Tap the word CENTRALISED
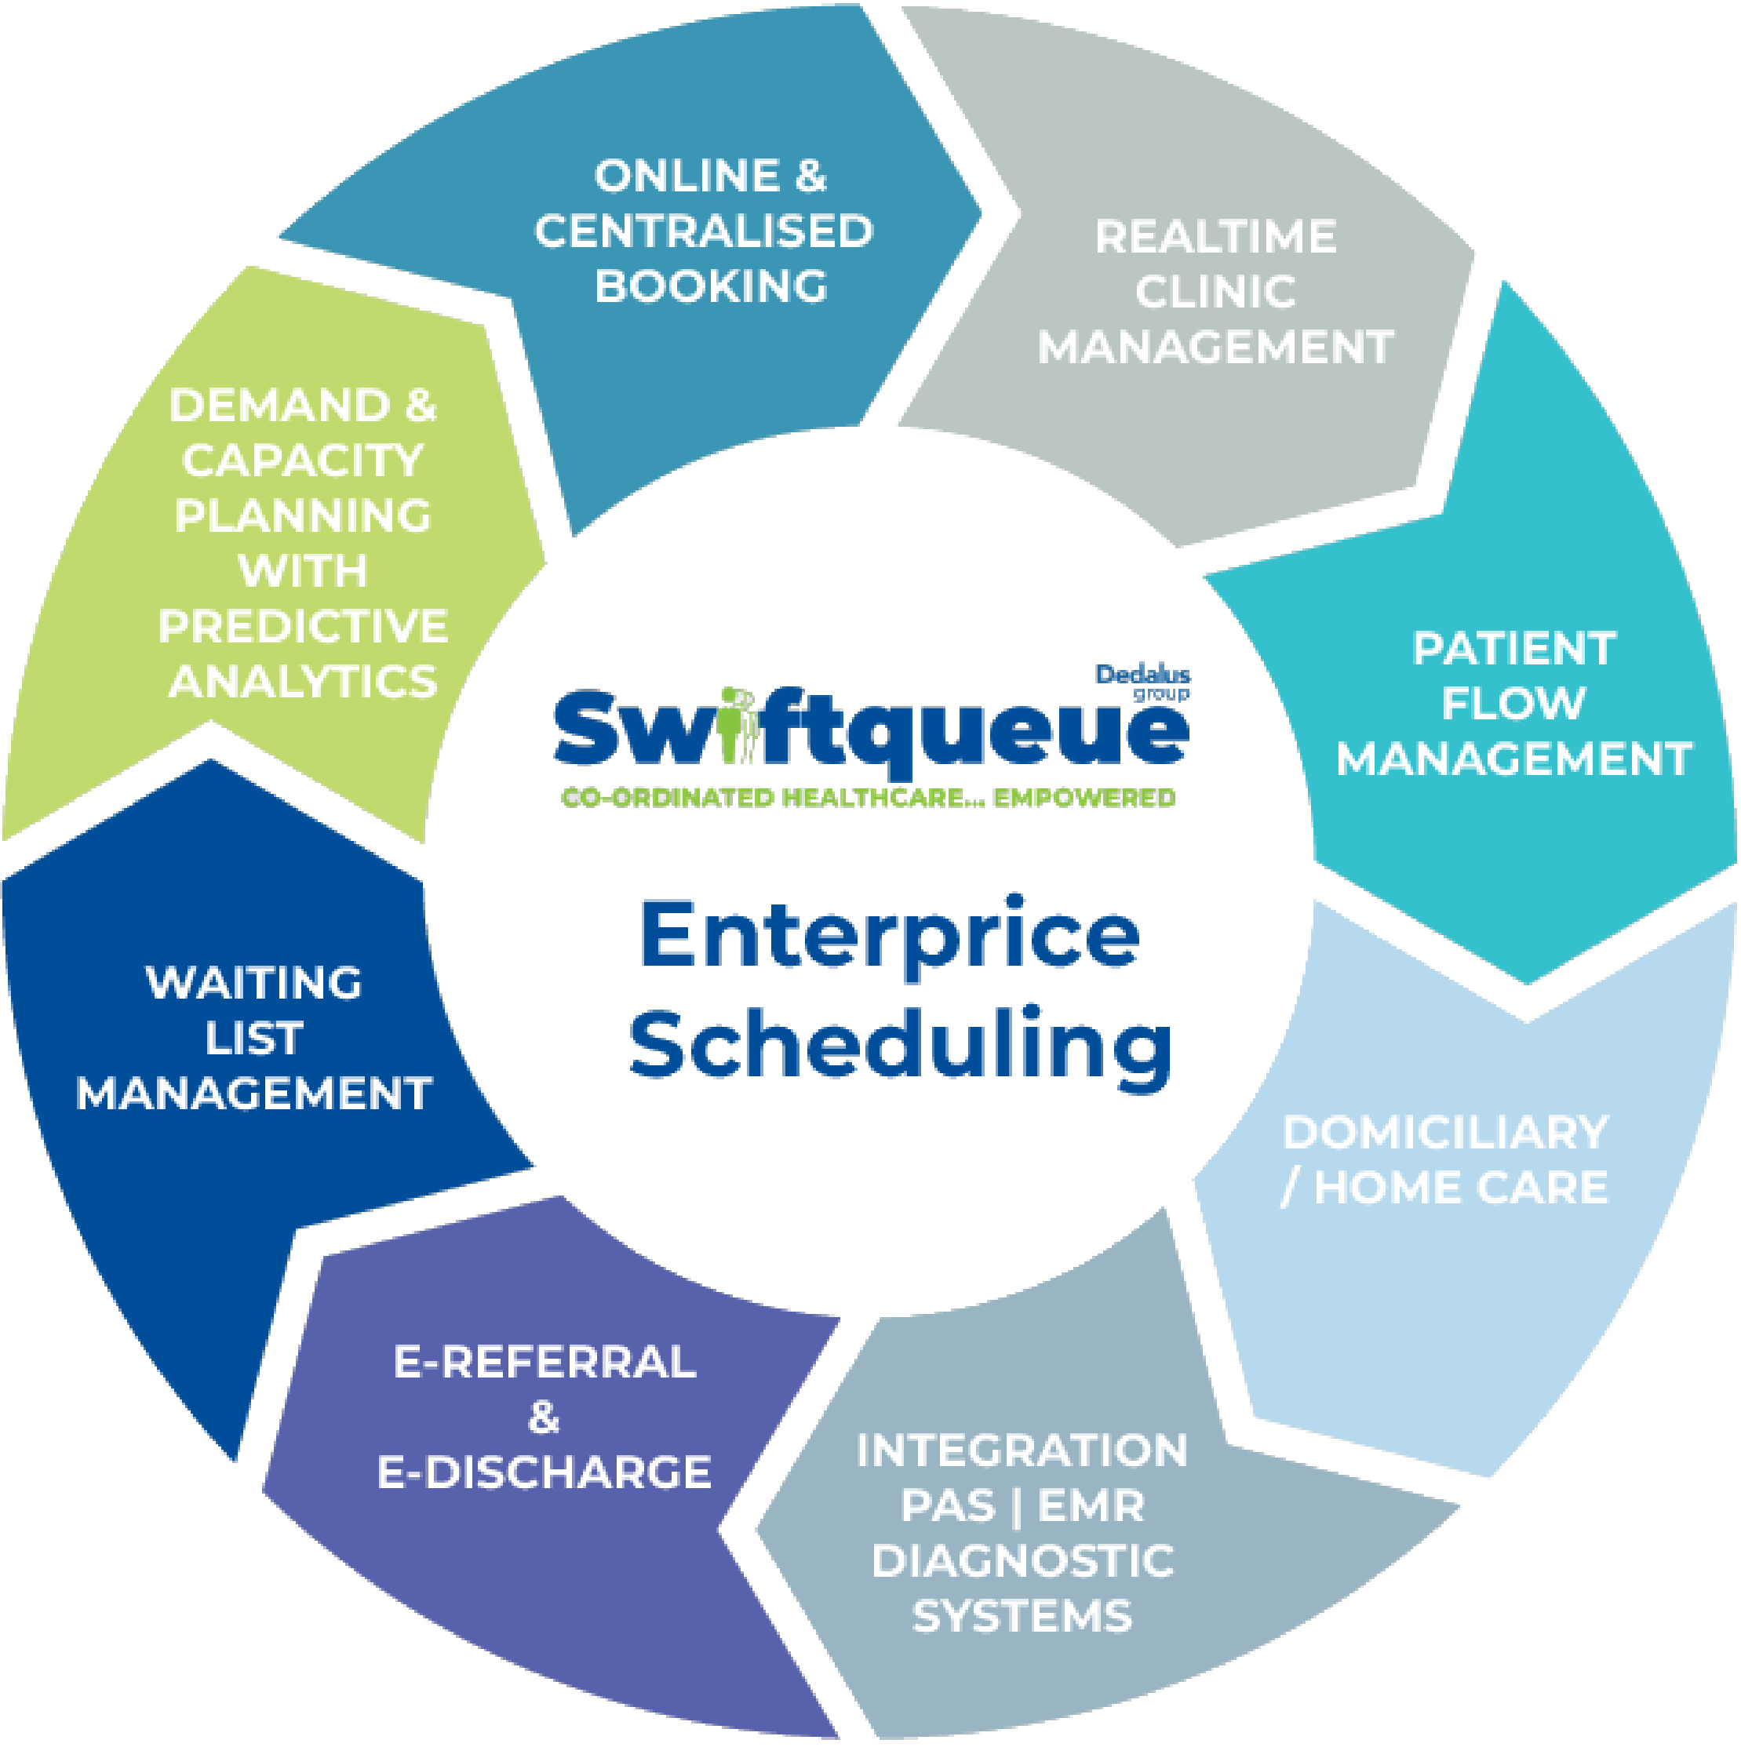[x=704, y=231]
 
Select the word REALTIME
[x=1215, y=237]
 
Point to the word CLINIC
[x=1215, y=292]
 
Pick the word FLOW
[x=1513, y=704]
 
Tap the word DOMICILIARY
[x=1444, y=1132]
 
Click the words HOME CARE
[x=1461, y=1187]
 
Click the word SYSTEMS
[x=1022, y=1616]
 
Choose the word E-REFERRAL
[x=545, y=1363]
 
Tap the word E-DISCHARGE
[x=545, y=1472]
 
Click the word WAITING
[x=254, y=983]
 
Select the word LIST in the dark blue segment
[x=254, y=1038]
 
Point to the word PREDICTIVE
[x=303, y=626]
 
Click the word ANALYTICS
[x=303, y=681]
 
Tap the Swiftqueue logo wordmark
[x=871, y=737]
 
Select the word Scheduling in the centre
[x=900, y=1044]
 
